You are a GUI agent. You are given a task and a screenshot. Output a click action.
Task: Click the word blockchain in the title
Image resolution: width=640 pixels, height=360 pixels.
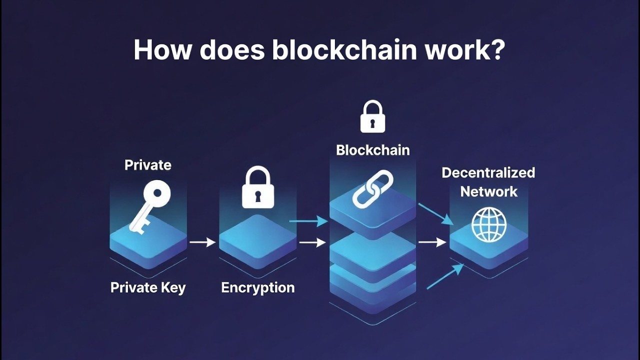click(345, 50)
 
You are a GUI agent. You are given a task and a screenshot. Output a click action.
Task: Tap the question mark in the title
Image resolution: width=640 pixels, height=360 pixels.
click(495, 50)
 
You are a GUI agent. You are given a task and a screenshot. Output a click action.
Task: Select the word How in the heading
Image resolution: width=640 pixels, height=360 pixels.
click(160, 50)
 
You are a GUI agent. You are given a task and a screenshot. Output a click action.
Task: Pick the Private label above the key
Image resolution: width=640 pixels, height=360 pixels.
click(148, 165)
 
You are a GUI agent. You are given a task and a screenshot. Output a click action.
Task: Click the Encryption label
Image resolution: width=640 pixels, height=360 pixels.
click(258, 287)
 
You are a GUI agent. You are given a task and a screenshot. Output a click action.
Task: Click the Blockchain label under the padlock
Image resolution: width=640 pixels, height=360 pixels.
click(373, 150)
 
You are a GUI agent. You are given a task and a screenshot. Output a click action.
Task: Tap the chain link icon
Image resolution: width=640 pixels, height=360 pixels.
click(373, 188)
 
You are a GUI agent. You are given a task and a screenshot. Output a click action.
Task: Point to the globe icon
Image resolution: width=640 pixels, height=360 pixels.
click(489, 224)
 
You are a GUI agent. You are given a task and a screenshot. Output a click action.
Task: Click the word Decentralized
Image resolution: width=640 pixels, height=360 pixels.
click(488, 173)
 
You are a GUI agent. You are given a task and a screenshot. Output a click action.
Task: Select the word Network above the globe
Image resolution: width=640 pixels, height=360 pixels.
click(488, 191)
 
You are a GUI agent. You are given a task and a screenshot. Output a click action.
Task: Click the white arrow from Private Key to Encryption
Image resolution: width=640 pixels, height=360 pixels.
click(202, 242)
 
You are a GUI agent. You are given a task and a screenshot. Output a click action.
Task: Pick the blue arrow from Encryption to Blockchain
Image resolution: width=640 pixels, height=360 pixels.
click(308, 220)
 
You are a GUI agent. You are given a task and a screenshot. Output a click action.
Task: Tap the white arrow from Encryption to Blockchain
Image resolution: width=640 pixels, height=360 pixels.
click(312, 243)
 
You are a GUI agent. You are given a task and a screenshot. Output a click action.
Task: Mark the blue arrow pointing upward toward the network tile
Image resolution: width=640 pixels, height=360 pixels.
click(445, 276)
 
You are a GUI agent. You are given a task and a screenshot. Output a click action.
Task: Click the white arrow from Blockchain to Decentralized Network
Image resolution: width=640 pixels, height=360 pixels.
click(432, 242)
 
